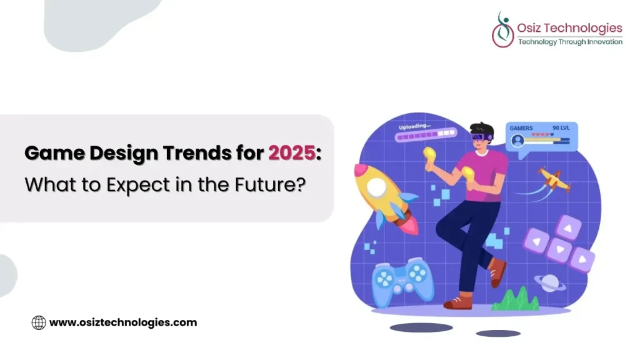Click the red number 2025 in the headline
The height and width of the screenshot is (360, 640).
(291, 153)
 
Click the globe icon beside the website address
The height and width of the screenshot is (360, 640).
(39, 322)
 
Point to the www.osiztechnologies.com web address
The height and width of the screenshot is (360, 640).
(123, 322)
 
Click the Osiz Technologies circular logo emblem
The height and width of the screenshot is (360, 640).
(503, 30)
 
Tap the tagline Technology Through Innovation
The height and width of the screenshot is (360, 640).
(570, 42)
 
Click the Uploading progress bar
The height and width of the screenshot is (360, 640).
(426, 135)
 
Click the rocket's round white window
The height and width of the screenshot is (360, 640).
(376, 187)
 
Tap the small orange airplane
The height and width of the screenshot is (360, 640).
(554, 179)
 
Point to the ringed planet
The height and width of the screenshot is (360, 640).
(550, 283)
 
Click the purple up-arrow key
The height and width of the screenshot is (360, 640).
(569, 227)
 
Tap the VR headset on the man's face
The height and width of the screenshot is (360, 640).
(482, 137)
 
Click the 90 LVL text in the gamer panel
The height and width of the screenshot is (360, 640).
(561, 128)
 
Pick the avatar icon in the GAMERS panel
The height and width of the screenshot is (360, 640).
(517, 141)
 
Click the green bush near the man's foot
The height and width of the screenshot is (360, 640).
(516, 299)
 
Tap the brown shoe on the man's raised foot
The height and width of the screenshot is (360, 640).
(497, 272)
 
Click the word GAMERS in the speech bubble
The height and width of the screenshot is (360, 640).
(521, 128)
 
